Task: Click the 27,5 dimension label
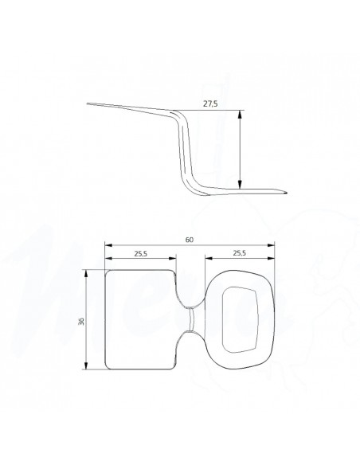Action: tap(210, 104)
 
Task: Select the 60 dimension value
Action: tap(190, 240)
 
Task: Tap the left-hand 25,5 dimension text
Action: tap(140, 253)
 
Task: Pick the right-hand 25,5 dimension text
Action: tap(240, 253)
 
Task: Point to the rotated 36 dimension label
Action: tap(81, 321)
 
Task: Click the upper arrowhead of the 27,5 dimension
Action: tap(240, 114)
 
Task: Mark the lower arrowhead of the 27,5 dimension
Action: tap(240, 185)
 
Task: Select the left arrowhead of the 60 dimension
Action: tap(109, 245)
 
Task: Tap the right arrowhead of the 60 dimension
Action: tap(271, 245)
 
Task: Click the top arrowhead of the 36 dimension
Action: tap(86, 273)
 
